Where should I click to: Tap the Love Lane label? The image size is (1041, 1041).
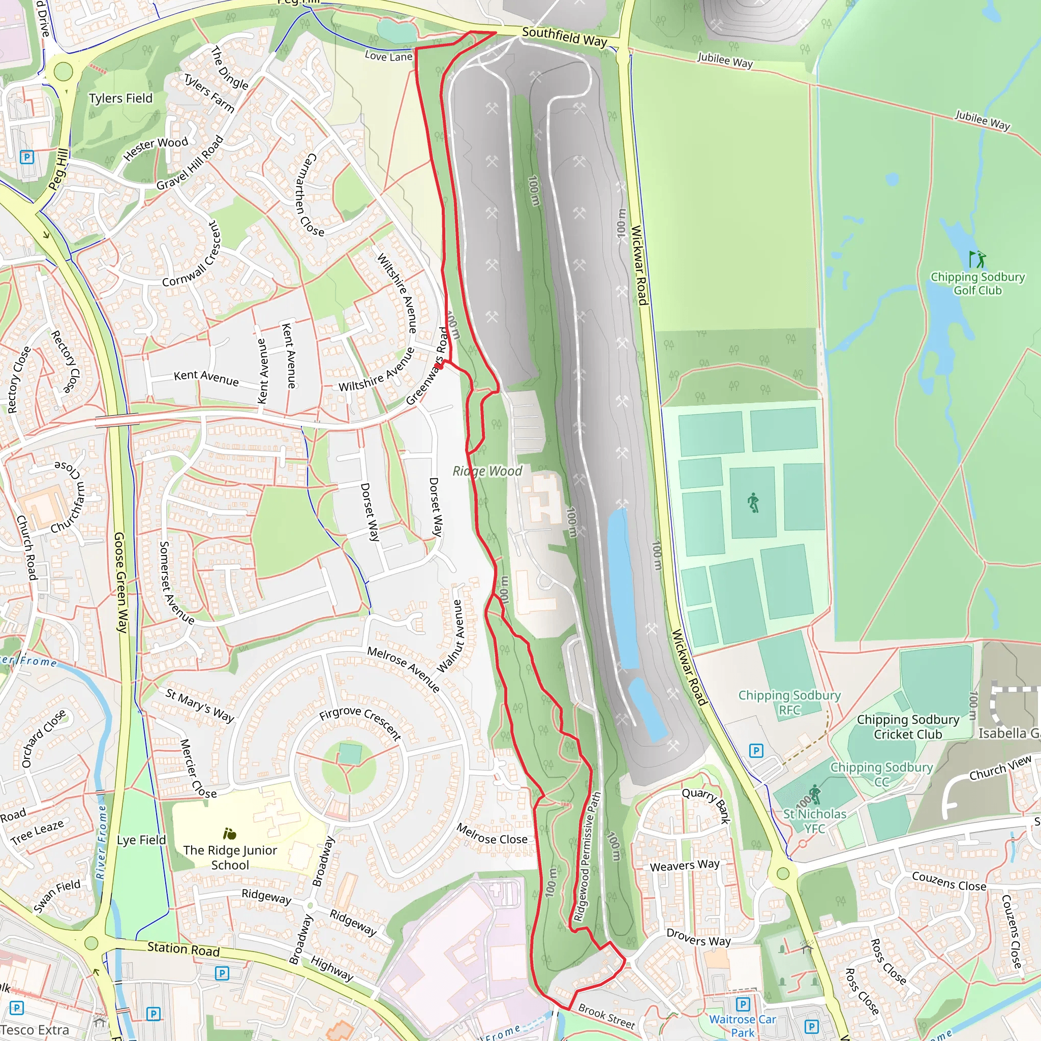[388, 56]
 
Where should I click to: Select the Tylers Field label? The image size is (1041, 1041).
[120, 98]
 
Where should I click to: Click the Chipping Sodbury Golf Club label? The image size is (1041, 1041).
[977, 284]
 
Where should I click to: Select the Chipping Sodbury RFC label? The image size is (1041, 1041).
[789, 702]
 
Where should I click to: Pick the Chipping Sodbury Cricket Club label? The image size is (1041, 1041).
[908, 727]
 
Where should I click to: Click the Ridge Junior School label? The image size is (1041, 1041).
[230, 858]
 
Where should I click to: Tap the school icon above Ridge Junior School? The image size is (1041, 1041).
[230, 834]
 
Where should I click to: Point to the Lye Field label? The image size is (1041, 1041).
[141, 840]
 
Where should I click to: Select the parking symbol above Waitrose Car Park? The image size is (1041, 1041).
[743, 1004]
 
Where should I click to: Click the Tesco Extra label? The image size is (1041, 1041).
[35, 1030]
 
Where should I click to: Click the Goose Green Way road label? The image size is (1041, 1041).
[120, 582]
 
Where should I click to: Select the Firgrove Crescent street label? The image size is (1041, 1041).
[360, 723]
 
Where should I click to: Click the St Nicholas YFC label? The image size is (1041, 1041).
[814, 820]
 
